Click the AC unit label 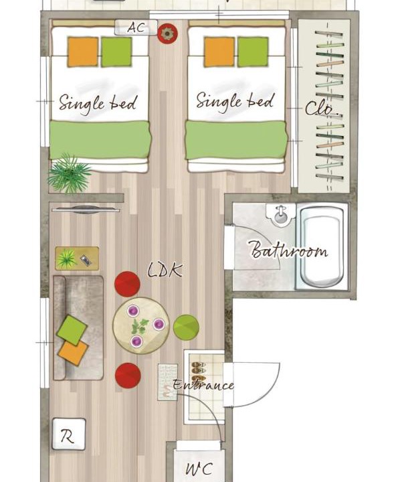[x=136, y=27]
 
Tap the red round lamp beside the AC [x=167, y=33]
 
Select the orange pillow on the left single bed [x=83, y=52]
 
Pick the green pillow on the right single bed [x=253, y=52]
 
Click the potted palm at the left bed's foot [x=70, y=173]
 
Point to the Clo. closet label [x=321, y=109]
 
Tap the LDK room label [x=165, y=270]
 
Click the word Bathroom [x=288, y=249]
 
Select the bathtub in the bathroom [x=322, y=246]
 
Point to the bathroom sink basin [x=280, y=215]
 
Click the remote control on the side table [x=86, y=260]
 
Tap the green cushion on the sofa [x=72, y=330]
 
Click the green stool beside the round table [x=186, y=327]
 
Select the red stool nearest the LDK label [x=128, y=284]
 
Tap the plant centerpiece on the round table [x=140, y=327]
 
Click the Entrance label [x=203, y=385]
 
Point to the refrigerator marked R [x=69, y=434]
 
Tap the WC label [x=199, y=469]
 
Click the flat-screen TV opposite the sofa [x=86, y=210]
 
